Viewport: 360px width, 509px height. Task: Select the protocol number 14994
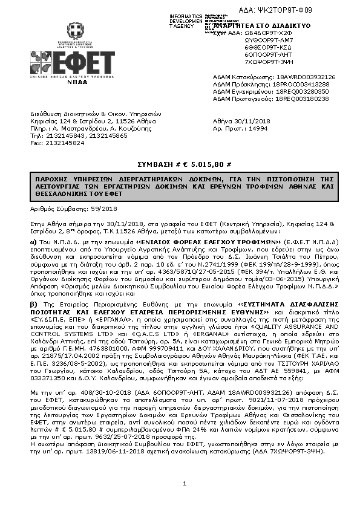pos(259,128)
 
